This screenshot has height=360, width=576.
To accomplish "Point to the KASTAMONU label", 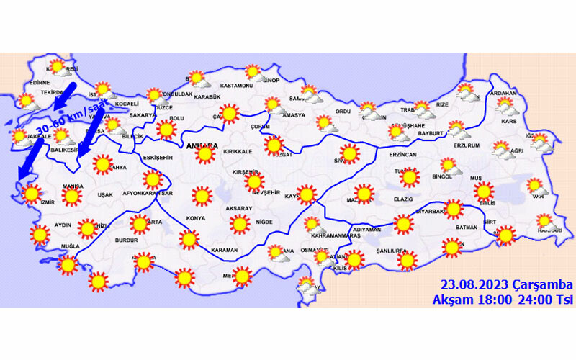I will [x=237, y=86].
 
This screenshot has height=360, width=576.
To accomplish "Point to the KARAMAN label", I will [x=225, y=250].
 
